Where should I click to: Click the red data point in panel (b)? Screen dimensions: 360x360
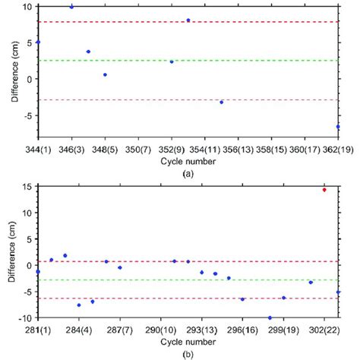[x=324, y=190]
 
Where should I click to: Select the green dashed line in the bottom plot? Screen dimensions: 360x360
[x=228, y=279]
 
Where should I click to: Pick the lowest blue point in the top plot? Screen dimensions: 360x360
[x=338, y=127]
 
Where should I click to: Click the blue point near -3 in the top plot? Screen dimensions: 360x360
[x=221, y=102]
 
